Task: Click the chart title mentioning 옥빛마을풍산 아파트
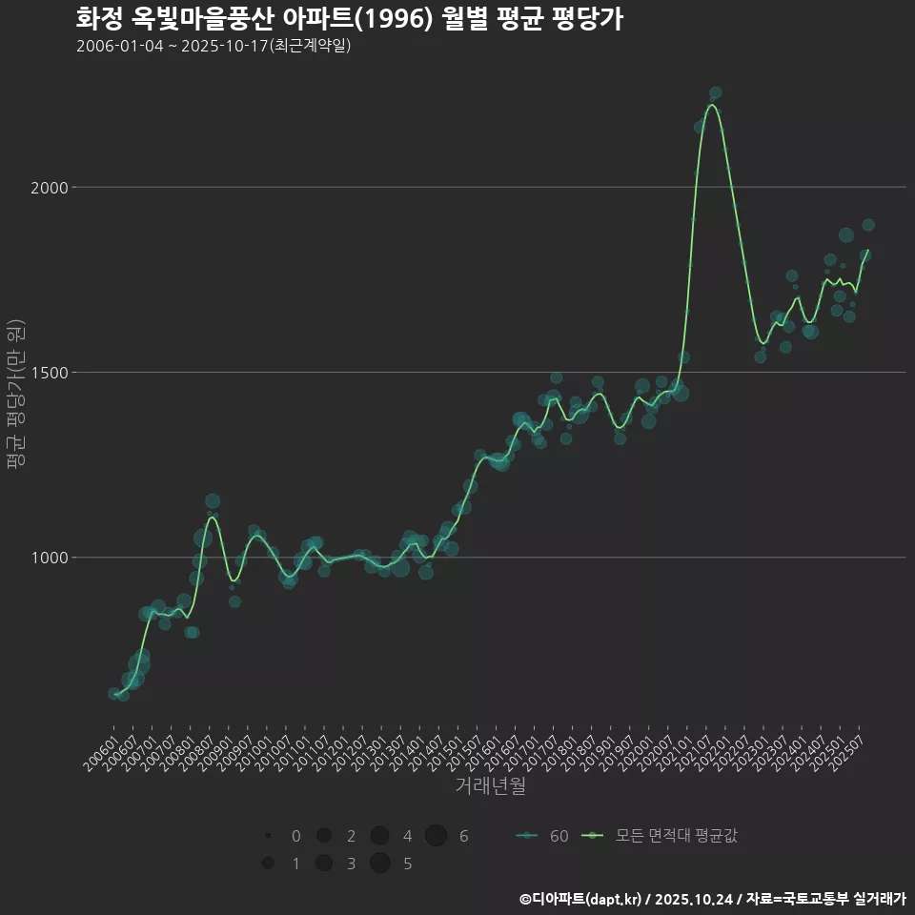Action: point(349,19)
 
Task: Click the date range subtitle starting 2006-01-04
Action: point(213,46)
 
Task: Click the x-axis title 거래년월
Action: point(491,786)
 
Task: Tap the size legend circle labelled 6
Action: point(437,836)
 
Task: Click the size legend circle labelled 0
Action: point(269,836)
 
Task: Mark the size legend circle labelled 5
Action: point(380,864)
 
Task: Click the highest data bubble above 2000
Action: point(715,93)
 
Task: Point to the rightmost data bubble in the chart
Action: point(868,225)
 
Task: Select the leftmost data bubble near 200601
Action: point(113,693)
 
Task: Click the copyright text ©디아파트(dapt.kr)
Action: point(581,899)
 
